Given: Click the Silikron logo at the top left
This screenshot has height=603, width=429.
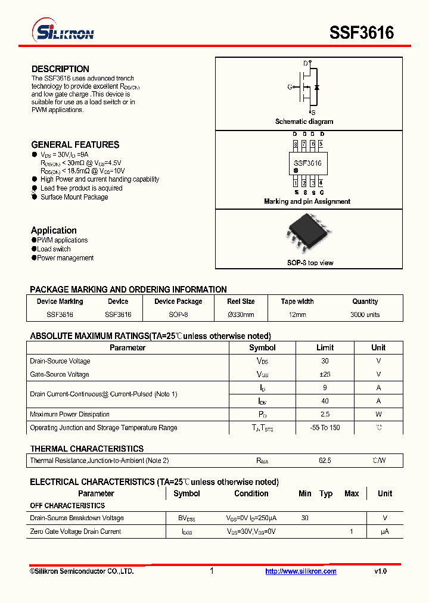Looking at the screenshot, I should pyautogui.click(x=62, y=32).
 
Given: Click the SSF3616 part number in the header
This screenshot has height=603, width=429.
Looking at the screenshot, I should pyautogui.click(x=362, y=33).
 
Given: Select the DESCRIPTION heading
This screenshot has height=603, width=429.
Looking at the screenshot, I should pyautogui.click(x=60, y=69).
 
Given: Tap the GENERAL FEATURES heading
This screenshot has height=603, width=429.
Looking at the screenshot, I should pyautogui.click(x=75, y=145).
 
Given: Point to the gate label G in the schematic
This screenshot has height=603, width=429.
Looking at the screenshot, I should pyautogui.click(x=290, y=87).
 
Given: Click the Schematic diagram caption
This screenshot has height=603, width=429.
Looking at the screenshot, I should pyautogui.click(x=304, y=122).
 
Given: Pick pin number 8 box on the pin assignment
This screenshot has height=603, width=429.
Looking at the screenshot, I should pyautogui.click(x=296, y=144).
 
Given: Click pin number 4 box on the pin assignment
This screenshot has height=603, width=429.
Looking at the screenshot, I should pyautogui.click(x=321, y=183).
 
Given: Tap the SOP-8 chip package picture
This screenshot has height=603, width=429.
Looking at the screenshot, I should pyautogui.click(x=308, y=234).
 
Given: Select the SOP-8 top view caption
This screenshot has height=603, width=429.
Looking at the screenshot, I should pyautogui.click(x=310, y=263).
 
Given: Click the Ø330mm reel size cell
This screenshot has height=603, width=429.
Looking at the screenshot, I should pyautogui.click(x=241, y=315).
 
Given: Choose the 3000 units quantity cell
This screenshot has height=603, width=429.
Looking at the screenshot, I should pyautogui.click(x=365, y=315).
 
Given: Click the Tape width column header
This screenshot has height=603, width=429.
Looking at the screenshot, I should pyautogui.click(x=297, y=301).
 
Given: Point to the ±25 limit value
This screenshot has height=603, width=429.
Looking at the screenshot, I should pyautogui.click(x=325, y=374).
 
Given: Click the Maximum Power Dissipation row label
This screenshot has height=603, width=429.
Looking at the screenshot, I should pyautogui.click(x=70, y=414).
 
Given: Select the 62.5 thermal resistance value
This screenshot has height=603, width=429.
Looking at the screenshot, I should pyautogui.click(x=325, y=461).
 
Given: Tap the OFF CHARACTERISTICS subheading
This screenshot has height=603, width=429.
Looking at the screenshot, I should pyautogui.click(x=67, y=506).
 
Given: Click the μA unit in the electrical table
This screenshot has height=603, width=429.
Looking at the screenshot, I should pyautogui.click(x=385, y=531).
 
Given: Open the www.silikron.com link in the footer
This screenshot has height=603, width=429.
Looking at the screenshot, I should pyautogui.click(x=301, y=571).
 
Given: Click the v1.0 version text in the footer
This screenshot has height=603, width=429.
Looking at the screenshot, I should pyautogui.click(x=381, y=571).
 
